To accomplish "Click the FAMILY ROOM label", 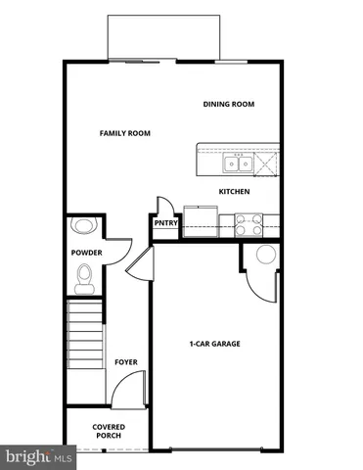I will [124, 132].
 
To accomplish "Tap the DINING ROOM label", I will [228, 104].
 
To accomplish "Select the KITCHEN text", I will [234, 191].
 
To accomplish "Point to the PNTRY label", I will [164, 222].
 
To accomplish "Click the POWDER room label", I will [86, 253].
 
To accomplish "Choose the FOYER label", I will [125, 362].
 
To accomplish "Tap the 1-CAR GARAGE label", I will [214, 344].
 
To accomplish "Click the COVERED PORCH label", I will [108, 432].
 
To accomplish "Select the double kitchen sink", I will [238, 163].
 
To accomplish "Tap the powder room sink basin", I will [83, 226].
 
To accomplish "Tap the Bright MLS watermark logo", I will [38, 455].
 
